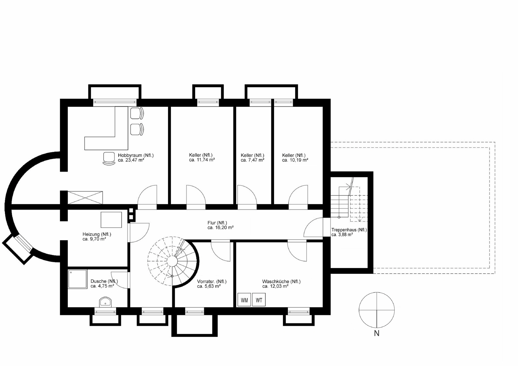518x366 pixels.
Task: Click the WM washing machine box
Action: point(244,300)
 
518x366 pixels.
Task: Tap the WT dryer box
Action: point(259,300)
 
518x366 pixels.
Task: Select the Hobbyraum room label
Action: point(136,155)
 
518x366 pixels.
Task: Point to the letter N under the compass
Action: point(377,333)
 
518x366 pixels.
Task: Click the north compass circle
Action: point(377,292)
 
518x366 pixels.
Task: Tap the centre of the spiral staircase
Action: point(172,261)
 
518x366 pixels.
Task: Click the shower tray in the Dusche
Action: point(77,279)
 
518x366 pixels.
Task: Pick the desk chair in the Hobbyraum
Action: point(109,159)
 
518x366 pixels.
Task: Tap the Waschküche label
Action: point(281,282)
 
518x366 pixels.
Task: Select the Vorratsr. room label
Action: point(212,282)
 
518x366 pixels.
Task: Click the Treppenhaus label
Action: point(349,230)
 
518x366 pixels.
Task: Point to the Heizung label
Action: point(97,234)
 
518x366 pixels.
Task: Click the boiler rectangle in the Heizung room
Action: point(111,220)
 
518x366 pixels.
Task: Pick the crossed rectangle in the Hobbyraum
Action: point(85,198)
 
